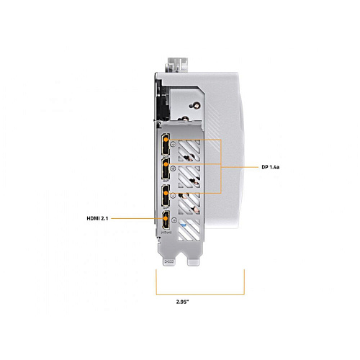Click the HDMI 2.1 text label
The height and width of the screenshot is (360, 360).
97,218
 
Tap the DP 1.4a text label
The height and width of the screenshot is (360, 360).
271,167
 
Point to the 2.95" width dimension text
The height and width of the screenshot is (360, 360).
182,302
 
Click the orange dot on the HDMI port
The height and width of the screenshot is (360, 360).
166,218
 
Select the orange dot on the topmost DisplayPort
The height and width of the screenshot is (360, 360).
166,140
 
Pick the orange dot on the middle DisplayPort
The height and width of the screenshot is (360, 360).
166,164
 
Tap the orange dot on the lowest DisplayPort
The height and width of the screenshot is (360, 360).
166,193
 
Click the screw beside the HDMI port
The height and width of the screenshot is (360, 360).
174,220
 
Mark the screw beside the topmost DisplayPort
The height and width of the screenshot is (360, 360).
174,144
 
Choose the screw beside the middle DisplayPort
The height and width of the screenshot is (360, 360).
174,168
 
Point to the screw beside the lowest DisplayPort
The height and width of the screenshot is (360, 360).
174,196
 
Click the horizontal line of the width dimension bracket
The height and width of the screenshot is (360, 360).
200,294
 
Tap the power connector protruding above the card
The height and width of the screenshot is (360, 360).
177,65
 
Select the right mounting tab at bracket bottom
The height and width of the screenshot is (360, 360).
194,261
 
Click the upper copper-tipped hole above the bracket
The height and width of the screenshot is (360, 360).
196,105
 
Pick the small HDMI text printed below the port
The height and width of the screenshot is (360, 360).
166,233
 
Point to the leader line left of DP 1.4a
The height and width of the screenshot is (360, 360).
240,167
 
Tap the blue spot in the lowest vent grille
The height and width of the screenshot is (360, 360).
184,225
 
